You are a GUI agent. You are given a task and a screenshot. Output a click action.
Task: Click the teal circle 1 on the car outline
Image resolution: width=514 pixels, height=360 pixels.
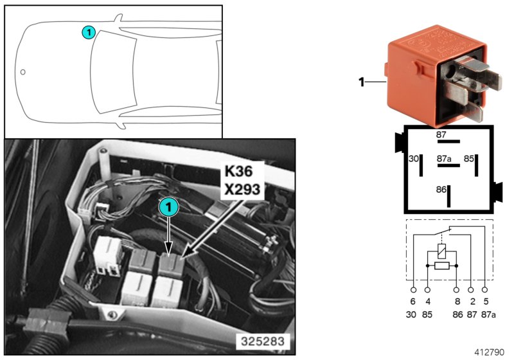pyautogui.click(x=89, y=32)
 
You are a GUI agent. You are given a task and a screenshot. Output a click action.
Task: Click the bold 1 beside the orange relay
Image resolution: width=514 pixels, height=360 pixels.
pyautogui.click(x=361, y=82)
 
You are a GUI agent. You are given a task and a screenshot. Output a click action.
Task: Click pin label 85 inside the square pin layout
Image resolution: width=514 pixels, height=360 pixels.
pyautogui.click(x=469, y=157)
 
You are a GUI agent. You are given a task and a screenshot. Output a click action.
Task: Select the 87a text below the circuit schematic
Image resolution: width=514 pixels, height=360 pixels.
pyautogui.click(x=487, y=314)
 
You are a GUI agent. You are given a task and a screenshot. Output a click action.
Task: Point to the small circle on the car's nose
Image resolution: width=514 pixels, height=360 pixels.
pyautogui.click(x=22, y=72)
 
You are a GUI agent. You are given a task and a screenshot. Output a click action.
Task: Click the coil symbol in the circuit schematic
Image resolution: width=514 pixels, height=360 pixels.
pyautogui.click(x=441, y=249)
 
